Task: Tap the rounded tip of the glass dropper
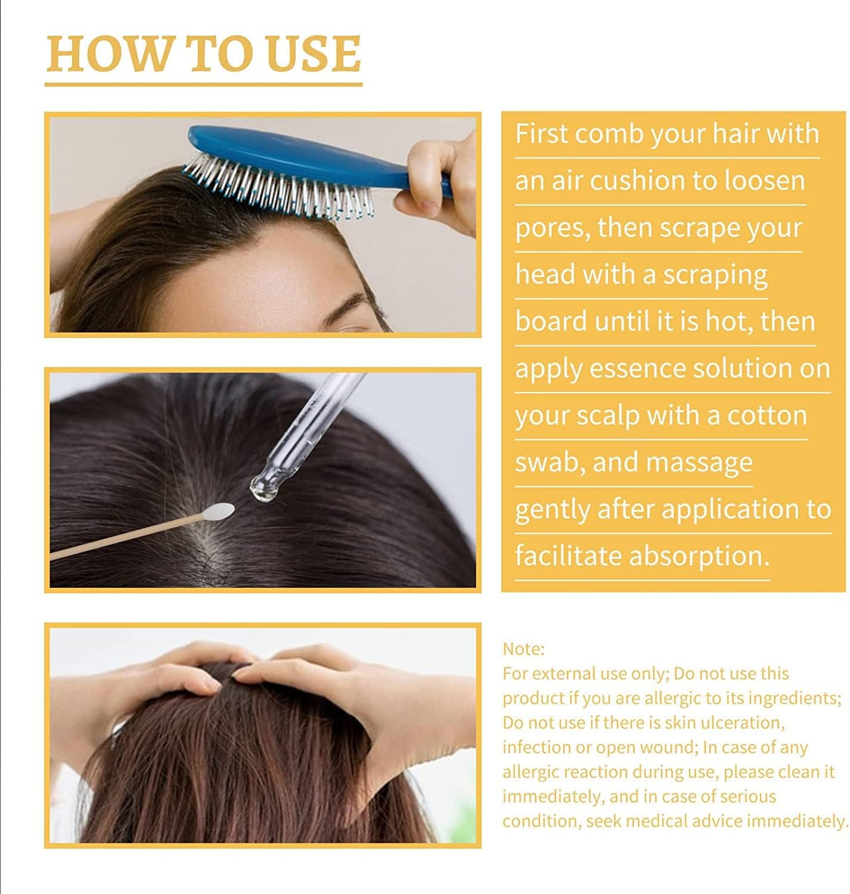pyautogui.click(x=262, y=488)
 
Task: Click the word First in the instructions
pyautogui.click(x=541, y=134)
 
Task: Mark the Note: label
pyautogui.click(x=523, y=649)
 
